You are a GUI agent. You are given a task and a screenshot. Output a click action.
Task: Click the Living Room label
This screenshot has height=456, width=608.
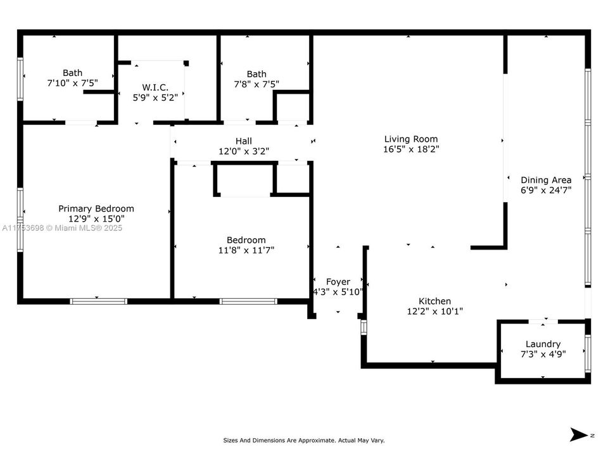pos(410,139)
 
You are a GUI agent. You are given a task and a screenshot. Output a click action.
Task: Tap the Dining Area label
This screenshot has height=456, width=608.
pos(545,179)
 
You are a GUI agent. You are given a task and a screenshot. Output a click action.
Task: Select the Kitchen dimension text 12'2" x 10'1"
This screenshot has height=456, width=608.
pos(434,311)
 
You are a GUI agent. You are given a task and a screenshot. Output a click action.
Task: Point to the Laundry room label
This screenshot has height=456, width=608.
pos(543,344)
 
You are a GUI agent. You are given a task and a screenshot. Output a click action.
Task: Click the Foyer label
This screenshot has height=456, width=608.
pos(338,281)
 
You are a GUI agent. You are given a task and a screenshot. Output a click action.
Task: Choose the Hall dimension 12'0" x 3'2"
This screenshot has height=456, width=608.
pos(243,151)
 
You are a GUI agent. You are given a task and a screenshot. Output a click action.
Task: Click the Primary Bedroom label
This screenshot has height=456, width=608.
pos(96,208)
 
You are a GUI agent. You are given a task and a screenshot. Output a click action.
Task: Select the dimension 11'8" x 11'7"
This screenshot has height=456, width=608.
pos(246,250)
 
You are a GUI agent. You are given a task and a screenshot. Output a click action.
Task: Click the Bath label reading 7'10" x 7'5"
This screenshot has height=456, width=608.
pos(72,73)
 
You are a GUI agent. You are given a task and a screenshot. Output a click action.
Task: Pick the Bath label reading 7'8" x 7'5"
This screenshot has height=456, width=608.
pos(256,74)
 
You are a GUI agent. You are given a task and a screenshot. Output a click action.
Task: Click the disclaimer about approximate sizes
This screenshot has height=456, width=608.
pos(303,440)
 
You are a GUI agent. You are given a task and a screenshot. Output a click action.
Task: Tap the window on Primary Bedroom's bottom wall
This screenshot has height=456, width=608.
pos(98,301)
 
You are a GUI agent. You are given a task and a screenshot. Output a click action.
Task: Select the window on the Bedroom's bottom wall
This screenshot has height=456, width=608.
pos(248,301)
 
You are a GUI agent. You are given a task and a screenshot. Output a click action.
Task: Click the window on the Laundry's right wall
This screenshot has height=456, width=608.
pos(588,353)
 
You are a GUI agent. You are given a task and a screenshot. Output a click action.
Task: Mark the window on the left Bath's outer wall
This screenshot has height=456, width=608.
pos(20,79)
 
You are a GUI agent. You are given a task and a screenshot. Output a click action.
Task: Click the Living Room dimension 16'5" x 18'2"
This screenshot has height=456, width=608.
pos(410,149)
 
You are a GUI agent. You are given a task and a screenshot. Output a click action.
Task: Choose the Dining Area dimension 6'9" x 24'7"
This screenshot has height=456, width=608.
pos(545,190)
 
